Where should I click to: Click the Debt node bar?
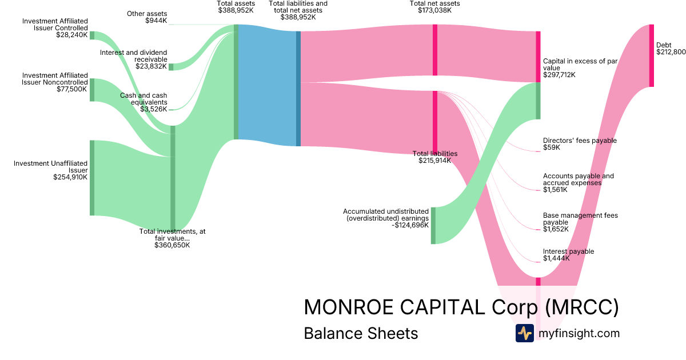point(651,55)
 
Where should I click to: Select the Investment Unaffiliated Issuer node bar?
point(92,178)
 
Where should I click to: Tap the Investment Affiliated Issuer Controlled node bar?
point(92,35)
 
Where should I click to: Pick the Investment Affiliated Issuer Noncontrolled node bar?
point(92,90)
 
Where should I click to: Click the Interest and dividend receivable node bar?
point(171,67)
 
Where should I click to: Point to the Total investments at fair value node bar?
point(173,177)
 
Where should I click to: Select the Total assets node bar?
point(236,82)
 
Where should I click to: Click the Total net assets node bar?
point(435,50)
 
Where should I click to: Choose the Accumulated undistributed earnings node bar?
point(433,225)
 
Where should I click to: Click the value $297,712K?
point(559,75)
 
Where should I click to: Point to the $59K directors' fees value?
point(551,147)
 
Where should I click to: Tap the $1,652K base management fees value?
point(556,229)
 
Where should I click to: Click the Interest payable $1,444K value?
point(556,259)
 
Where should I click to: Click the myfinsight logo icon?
point(524,333)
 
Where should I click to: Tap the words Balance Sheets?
point(361,333)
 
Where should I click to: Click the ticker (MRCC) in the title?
point(581,307)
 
